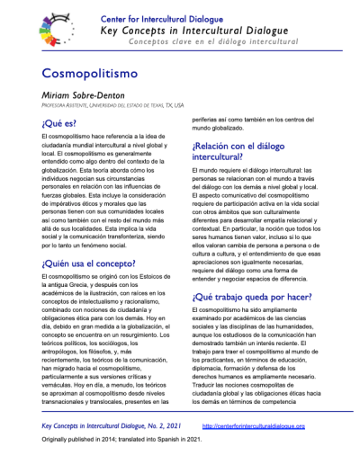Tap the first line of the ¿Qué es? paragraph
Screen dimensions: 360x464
(106, 135)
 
